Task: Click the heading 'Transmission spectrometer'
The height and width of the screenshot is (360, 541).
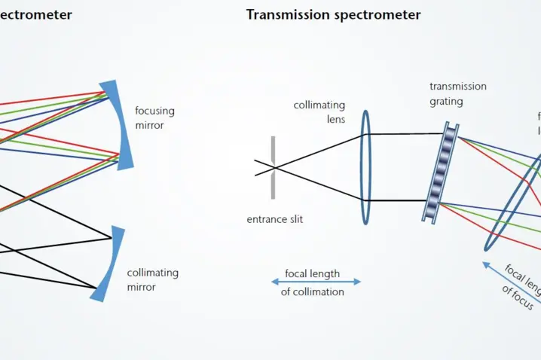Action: [x=333, y=15]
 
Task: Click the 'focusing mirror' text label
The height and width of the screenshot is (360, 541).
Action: [x=154, y=117]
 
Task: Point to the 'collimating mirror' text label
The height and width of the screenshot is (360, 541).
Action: [x=152, y=279]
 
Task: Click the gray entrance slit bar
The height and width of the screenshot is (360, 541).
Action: [x=273, y=167]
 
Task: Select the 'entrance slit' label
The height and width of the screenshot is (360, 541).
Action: [x=274, y=220]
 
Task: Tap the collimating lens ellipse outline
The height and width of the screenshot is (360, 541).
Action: [x=365, y=167]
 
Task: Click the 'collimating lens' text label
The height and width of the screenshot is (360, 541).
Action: [x=319, y=111]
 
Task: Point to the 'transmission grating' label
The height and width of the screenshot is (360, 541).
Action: [x=458, y=93]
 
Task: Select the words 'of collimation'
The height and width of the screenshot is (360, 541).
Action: [x=312, y=291]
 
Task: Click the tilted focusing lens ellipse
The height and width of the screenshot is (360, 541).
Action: [x=514, y=203]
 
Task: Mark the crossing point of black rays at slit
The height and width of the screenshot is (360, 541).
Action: [x=273, y=166]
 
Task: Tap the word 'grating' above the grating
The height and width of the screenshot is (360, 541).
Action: [x=446, y=101]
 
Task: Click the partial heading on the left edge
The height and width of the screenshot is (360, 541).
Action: [x=35, y=15]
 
